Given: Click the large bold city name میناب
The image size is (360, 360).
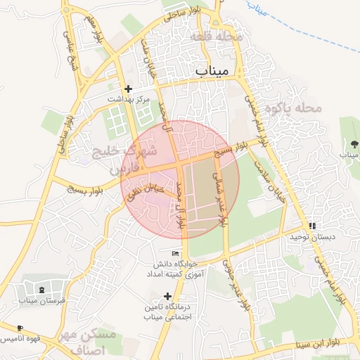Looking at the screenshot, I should point(210,71).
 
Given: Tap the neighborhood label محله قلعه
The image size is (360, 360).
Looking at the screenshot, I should point(217,36).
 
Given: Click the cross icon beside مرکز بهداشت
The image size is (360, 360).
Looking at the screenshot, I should point(128,89).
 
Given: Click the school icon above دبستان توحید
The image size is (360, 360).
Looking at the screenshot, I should point(311,226).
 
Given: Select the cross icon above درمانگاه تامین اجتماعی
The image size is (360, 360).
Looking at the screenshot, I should point(167,296).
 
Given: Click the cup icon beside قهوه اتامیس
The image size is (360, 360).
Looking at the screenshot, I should point(20,328).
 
